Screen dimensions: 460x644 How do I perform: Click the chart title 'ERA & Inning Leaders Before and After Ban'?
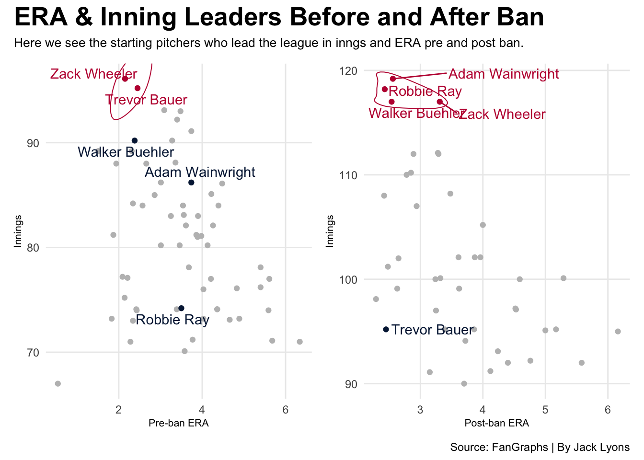279,18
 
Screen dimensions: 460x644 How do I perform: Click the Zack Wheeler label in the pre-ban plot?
93,74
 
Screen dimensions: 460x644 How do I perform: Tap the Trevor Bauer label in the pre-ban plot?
146,100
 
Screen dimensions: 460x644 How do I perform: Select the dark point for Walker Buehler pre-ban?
135,140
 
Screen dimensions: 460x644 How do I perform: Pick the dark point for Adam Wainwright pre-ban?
191,183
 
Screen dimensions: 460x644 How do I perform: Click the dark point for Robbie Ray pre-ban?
181,308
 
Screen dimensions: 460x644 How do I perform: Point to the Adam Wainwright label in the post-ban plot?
504,74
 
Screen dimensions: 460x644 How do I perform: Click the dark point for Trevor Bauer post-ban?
386,329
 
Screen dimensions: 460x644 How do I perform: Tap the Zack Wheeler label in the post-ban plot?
502,115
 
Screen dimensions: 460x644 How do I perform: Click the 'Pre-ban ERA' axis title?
178,423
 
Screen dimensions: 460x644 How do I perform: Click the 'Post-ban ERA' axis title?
496,423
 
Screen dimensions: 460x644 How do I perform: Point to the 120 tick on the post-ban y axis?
350,71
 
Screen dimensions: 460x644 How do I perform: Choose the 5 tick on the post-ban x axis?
545,410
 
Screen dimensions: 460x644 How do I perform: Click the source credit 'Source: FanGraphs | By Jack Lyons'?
540,448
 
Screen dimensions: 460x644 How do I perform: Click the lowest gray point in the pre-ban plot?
58,384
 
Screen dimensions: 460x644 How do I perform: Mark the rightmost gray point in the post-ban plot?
618,332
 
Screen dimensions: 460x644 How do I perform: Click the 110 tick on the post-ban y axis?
350,175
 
